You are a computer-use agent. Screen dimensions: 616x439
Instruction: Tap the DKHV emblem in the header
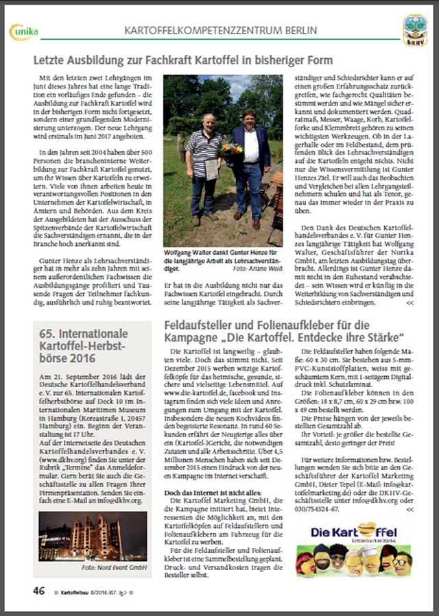414,30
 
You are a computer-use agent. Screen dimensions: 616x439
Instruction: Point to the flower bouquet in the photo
233,149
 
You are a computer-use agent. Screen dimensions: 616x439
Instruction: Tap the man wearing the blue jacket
250,164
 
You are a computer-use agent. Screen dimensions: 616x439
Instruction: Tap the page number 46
39,591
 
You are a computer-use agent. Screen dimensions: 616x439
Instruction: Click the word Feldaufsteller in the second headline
200,324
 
